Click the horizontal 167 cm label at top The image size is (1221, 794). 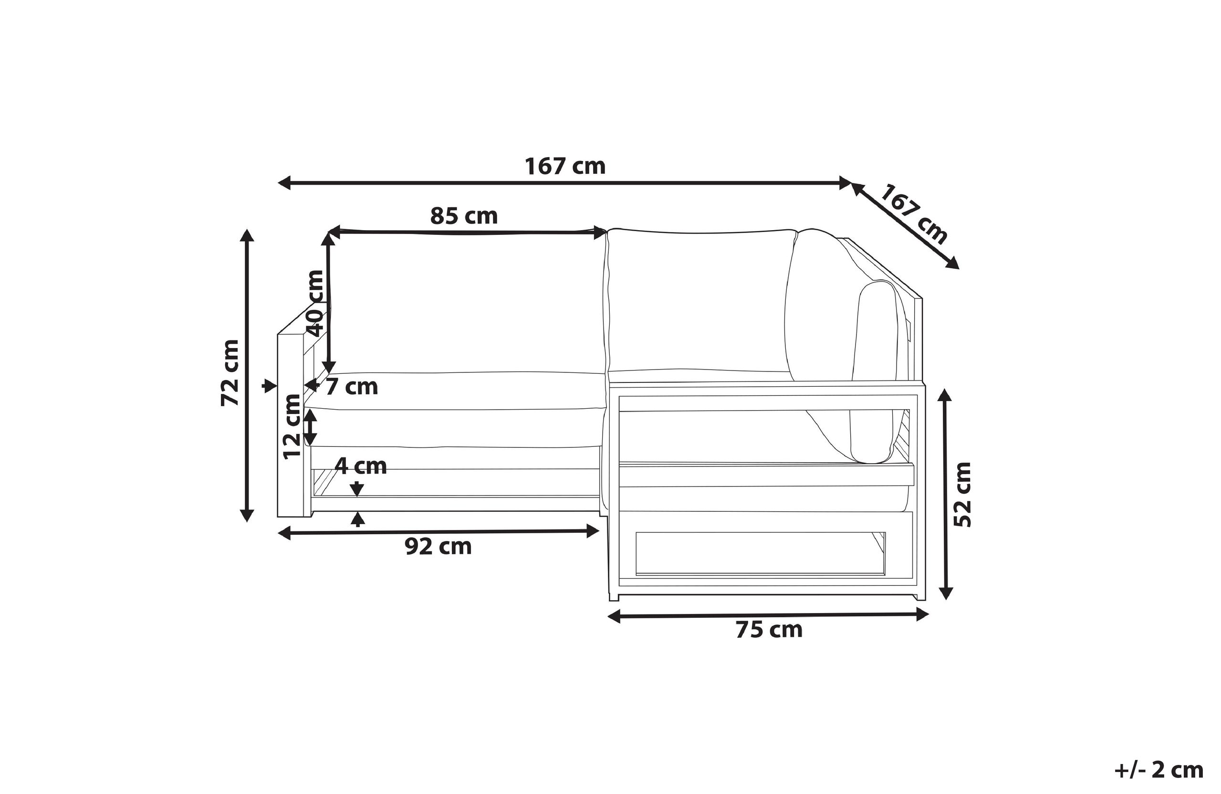565,166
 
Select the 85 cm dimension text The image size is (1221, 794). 464,216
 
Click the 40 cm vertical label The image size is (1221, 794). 314,303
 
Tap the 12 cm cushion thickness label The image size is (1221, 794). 292,426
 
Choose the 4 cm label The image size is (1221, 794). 360,466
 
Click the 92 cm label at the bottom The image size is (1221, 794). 438,547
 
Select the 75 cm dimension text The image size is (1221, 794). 769,630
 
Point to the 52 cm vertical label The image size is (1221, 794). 962,494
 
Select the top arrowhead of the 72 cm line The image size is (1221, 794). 247,235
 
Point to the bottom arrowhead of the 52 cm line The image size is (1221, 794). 946,593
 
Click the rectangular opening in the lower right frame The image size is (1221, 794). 760,553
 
